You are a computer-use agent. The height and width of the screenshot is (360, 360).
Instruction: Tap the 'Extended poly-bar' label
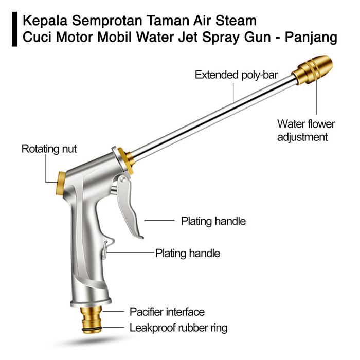[236, 75]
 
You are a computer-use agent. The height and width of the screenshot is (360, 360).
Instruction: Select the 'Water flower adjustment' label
[306, 131]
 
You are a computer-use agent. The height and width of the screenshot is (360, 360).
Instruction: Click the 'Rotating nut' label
[49, 149]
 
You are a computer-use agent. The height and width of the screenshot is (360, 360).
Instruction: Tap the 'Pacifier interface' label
[167, 312]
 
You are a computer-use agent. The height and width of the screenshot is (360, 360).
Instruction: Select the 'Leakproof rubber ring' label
[178, 328]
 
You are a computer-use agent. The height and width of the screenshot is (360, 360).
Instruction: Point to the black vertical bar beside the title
[14, 29]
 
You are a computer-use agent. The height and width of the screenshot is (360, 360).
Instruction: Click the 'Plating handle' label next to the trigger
[213, 222]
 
